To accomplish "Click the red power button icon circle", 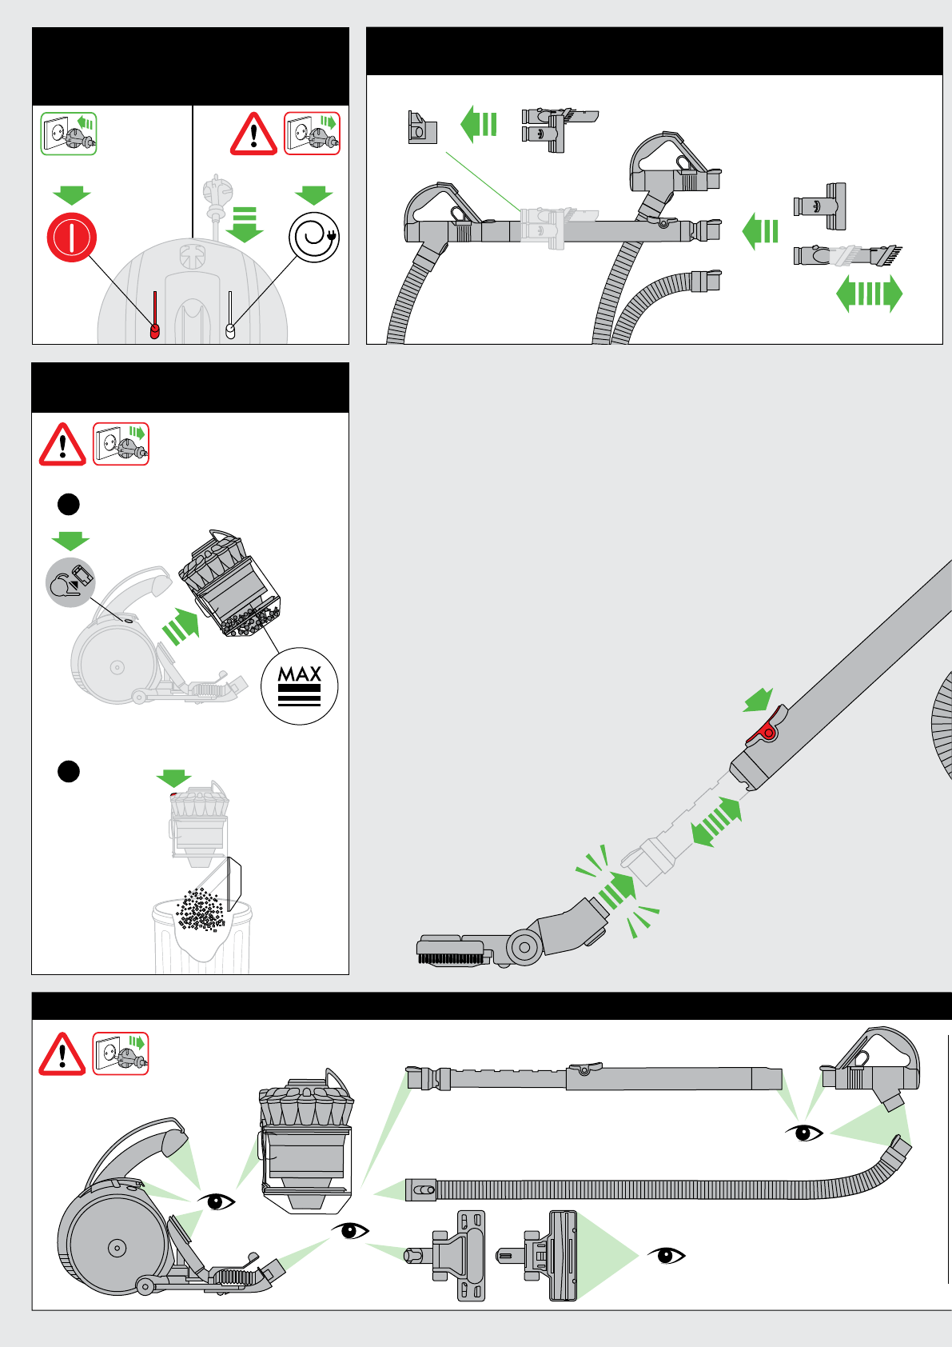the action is point(72,238).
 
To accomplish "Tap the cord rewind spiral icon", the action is point(314,237).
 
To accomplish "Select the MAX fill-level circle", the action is point(300,686).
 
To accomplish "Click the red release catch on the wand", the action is point(767,729).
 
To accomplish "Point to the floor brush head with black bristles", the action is point(452,952).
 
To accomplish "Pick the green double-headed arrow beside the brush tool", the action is point(869,294).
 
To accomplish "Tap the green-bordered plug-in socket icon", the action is point(69,134).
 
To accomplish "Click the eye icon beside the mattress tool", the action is point(666,1255).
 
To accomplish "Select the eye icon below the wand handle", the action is point(805,1133).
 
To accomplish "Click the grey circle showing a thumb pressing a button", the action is point(70,582).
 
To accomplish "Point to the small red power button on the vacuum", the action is point(155,330).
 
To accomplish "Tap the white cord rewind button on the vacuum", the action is point(231,330).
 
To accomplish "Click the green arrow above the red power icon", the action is point(72,195).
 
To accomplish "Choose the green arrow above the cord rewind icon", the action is point(313,194).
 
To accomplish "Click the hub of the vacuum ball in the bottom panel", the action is point(117,1247).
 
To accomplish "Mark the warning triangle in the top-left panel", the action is point(253,134).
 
